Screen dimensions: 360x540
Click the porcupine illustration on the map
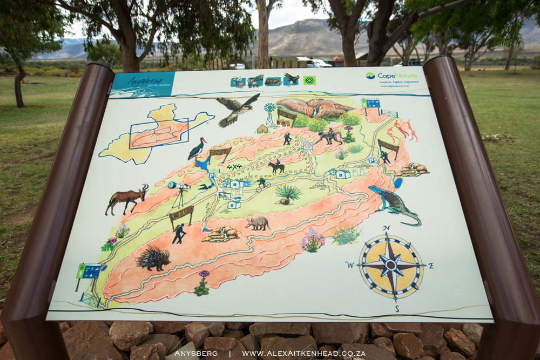pos(153,259)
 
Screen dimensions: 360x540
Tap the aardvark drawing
pos(258,223)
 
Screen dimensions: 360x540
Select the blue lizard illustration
pos(394,204)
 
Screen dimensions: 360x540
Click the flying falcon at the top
pos(237,110)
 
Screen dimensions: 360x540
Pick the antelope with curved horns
pos(127,198)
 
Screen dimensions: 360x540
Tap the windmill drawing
pos(269,113)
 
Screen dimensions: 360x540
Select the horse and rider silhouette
pos(276,167)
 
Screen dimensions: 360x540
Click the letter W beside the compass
pos(350,264)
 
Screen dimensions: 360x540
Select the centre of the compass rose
pos(391,266)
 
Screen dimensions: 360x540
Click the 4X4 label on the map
pos(234,167)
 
